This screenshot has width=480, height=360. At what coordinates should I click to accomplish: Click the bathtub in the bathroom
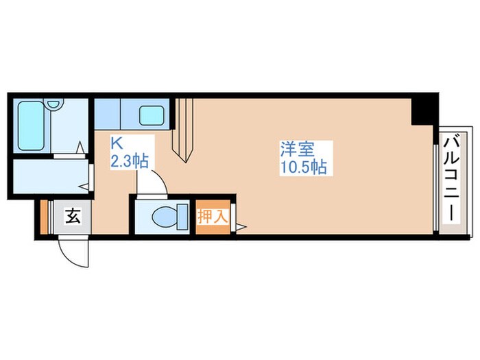coord(31,127)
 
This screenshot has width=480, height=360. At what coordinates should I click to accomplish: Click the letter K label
coord(117,145)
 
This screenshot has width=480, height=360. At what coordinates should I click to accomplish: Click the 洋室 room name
coord(296,148)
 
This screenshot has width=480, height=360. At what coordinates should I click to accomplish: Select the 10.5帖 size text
coord(302,166)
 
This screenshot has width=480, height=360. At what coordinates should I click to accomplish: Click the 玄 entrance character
coord(73,217)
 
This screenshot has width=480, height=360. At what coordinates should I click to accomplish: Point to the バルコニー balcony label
coord(451,178)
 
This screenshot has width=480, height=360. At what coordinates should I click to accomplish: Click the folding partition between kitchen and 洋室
coord(184,130)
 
